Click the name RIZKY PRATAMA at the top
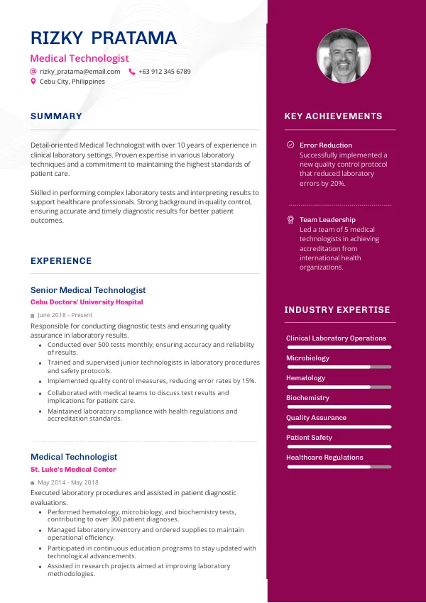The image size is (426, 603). [x=104, y=38]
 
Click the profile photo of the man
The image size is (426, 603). [x=343, y=56]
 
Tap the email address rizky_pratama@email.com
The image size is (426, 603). [x=80, y=72]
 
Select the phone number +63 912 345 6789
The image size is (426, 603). [x=164, y=72]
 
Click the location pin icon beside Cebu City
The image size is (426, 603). [x=33, y=82]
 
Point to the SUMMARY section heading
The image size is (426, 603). [x=56, y=116]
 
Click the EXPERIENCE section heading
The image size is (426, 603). [x=61, y=261]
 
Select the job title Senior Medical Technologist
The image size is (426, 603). [x=88, y=290]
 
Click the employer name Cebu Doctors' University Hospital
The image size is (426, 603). [x=87, y=302]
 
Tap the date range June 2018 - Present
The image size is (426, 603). [x=65, y=315]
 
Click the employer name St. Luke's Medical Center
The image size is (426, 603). [x=73, y=470]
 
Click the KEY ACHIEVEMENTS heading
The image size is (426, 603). [x=333, y=116]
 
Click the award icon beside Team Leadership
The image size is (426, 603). [x=290, y=220]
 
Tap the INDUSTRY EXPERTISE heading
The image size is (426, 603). [x=337, y=310]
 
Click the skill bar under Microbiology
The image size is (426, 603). [x=339, y=367]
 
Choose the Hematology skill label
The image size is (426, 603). [x=305, y=378]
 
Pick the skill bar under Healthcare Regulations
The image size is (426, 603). [x=339, y=467]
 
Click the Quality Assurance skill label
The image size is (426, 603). [x=316, y=418]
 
